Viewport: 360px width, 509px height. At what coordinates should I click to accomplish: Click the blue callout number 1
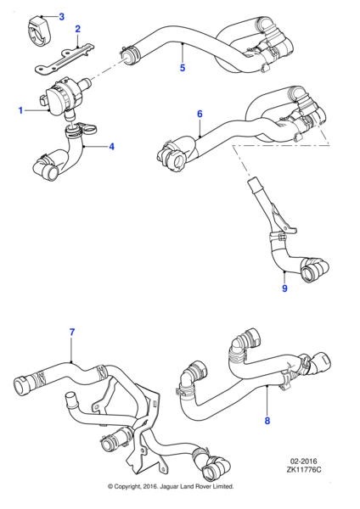pyautogui.click(x=20, y=110)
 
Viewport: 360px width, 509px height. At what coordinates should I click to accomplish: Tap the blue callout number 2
pyautogui.click(x=77, y=29)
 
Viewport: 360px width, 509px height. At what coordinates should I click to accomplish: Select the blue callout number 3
pyautogui.click(x=62, y=17)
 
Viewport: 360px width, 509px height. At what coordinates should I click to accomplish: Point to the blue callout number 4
pyautogui.click(x=112, y=147)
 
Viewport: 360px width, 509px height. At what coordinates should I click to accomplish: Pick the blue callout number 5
pyautogui.click(x=183, y=68)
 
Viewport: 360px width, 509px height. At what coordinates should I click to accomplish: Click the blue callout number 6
pyautogui.click(x=200, y=114)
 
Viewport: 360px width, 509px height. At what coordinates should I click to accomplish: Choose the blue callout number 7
pyautogui.click(x=72, y=332)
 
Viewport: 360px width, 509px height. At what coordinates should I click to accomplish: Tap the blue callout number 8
pyautogui.click(x=267, y=421)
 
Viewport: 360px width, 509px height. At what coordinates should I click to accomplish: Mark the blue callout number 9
pyautogui.click(x=284, y=288)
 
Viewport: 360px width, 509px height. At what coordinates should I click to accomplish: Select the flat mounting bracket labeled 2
pyautogui.click(x=65, y=59)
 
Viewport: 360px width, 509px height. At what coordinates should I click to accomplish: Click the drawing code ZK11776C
pyautogui.click(x=303, y=469)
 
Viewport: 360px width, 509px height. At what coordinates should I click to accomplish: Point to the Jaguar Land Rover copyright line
pyautogui.click(x=171, y=486)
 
